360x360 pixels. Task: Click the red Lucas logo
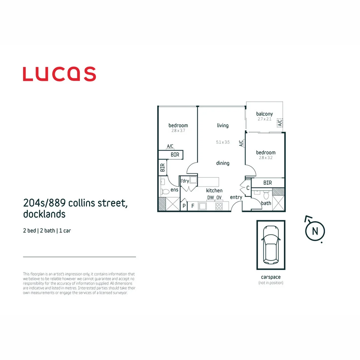point(59,74)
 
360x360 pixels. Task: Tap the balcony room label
point(264,114)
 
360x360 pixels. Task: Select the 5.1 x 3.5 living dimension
point(223,142)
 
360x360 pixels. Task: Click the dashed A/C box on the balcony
point(280,123)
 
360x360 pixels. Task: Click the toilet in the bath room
point(266,195)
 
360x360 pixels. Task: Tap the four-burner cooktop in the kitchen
point(219,206)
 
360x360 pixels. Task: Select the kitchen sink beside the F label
point(203,206)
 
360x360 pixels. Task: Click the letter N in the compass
point(315,231)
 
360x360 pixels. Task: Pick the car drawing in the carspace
point(271,245)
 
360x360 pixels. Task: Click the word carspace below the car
point(271,277)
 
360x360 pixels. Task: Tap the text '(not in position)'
point(271,283)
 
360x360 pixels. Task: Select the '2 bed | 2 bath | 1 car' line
point(47,231)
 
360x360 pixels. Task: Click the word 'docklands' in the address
point(44,214)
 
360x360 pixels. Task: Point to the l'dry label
point(185,181)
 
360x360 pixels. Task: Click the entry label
point(236,197)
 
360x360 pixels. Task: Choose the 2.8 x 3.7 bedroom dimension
point(178,131)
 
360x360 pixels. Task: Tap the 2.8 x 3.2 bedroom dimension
point(266,158)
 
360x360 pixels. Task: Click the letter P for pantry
point(184,206)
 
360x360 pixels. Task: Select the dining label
point(223,163)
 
